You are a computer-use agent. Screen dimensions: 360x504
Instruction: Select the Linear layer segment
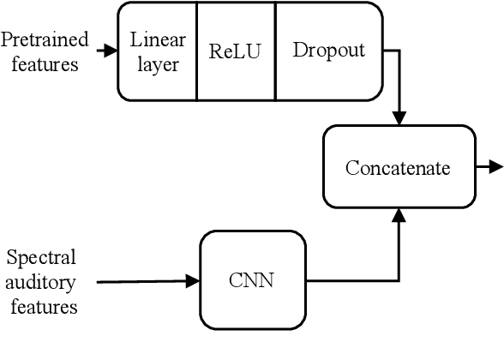157,51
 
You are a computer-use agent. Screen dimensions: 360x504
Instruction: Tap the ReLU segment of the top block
236,51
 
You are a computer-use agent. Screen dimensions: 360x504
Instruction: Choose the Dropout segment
328,51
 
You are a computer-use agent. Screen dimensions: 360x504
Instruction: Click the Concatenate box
397,167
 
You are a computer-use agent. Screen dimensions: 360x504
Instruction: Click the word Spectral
41,257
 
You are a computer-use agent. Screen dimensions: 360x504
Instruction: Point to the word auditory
43,282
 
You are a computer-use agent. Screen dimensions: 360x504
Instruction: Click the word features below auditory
43,306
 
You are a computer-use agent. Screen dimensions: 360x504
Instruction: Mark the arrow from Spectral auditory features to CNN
146,280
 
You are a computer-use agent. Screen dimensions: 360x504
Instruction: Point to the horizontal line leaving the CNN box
351,280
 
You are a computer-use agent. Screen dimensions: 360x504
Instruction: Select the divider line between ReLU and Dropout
275,51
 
